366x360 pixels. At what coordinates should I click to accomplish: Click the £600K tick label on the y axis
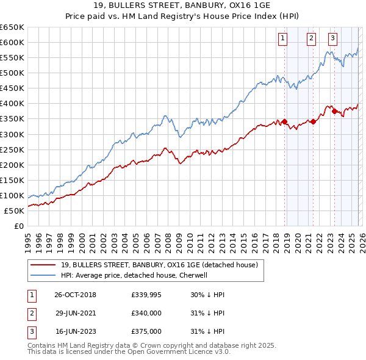[12, 42]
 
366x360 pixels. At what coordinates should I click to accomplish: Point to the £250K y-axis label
[12, 149]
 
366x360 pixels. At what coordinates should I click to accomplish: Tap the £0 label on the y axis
[20, 226]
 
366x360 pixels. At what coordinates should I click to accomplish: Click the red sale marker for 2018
[285, 121]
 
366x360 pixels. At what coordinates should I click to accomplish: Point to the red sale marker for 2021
[313, 121]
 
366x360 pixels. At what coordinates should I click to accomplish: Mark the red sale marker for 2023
[334, 110]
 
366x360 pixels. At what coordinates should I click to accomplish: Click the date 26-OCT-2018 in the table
[75, 295]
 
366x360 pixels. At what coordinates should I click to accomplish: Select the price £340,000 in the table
[146, 313]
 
